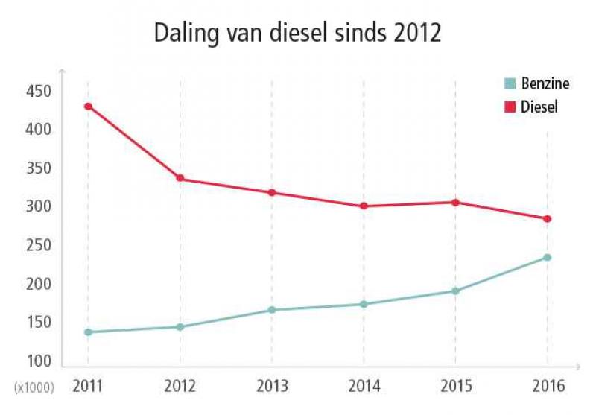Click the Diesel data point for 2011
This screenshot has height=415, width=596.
click(x=88, y=106)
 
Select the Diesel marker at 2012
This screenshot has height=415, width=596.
click(x=180, y=178)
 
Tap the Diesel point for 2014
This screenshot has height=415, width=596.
click(x=364, y=206)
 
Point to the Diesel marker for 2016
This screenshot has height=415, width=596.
click(x=548, y=218)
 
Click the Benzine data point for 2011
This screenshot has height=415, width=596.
click(x=88, y=332)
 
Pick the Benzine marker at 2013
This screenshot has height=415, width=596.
click(x=272, y=310)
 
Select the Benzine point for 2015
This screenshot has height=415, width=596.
click(x=455, y=291)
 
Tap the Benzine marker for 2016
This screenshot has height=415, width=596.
click(x=548, y=257)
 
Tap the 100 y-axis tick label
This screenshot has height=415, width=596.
click(x=37, y=361)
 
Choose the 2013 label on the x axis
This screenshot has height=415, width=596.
click(x=272, y=387)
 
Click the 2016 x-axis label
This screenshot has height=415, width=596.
click(x=548, y=387)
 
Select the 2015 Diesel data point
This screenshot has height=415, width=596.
click(x=455, y=202)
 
